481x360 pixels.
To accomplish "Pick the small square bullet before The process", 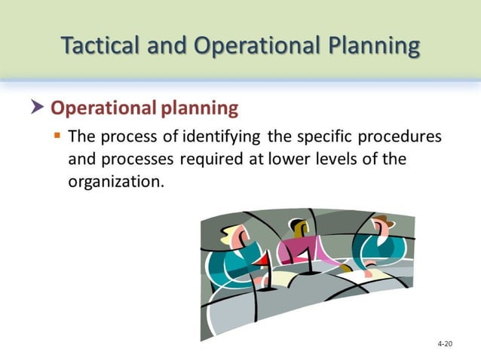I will [x=57, y=136].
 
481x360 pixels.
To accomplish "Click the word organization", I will [x=115, y=182].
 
